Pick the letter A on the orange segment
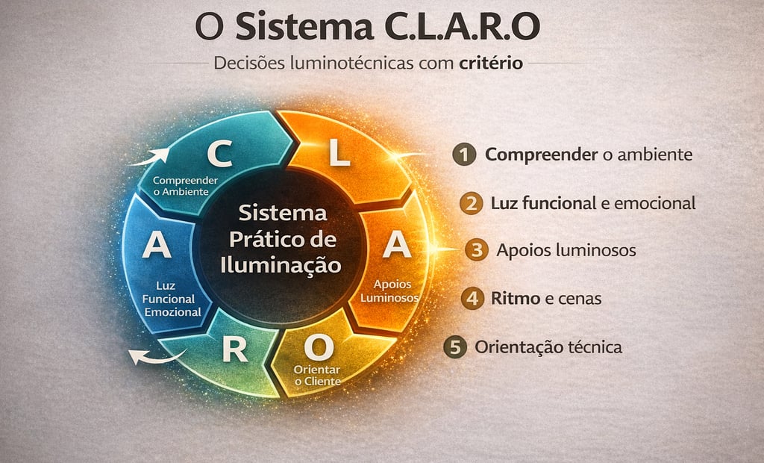point(396,246)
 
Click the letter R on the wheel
point(234,349)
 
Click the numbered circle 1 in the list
point(464,155)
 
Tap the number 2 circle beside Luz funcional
point(470,203)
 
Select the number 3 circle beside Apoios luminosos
point(476,249)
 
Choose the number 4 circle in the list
point(472,299)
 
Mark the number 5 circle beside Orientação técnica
point(454,347)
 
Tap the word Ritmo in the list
point(516,299)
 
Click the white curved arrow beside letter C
point(148,158)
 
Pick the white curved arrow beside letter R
point(153,356)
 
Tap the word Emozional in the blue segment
point(172,311)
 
